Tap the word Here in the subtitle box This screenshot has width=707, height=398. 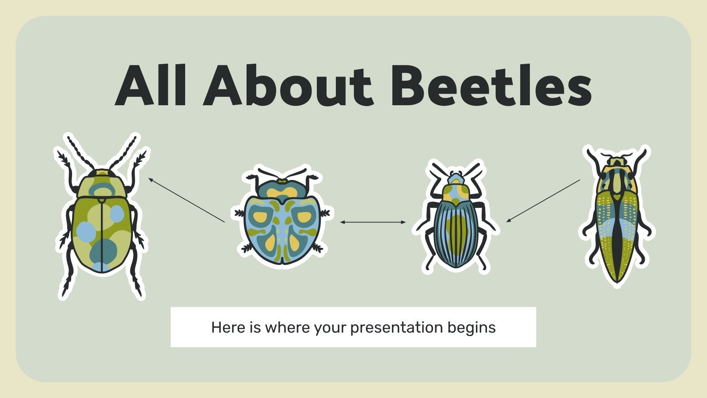pos(227,328)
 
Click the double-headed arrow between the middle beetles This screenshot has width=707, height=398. pos(373,222)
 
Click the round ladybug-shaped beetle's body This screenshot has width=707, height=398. pos(282,230)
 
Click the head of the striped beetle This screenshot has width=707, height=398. pos(456,179)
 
